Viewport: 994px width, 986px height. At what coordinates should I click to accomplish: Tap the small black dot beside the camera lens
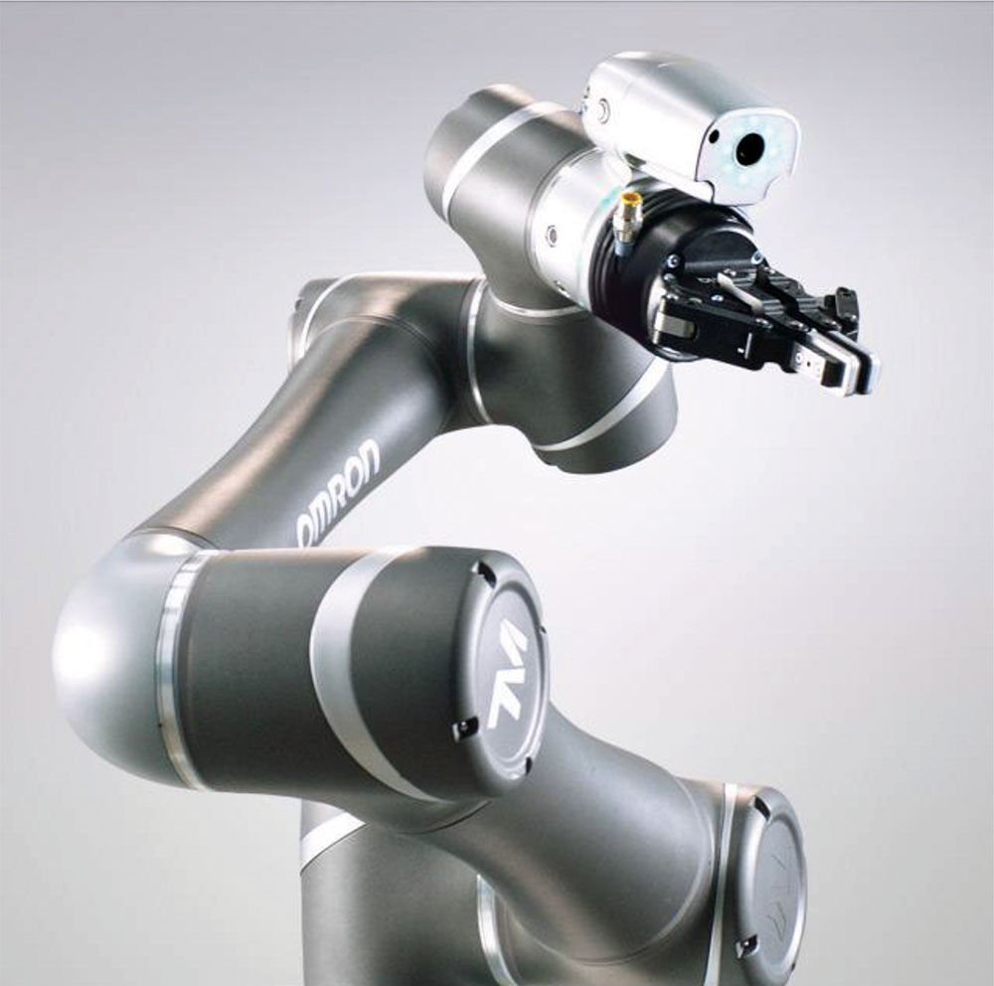tap(715, 135)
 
